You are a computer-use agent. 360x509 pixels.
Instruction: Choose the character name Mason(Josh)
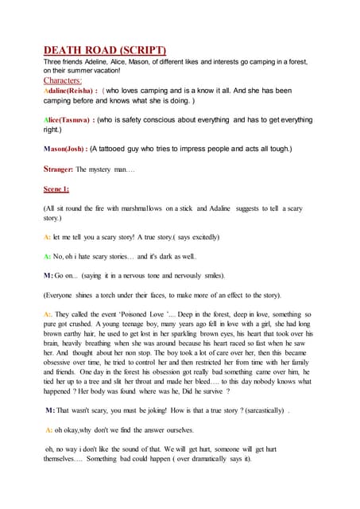coord(64,149)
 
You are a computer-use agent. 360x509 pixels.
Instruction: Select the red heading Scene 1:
coord(56,190)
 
